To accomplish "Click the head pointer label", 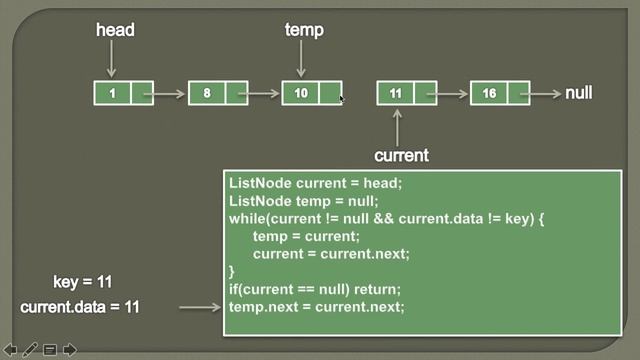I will pos(115,30).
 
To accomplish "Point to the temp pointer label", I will pos(304,30).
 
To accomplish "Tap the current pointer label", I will pos(401,155).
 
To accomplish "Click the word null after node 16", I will pos(579,93).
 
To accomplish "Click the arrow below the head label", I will pos(112,60).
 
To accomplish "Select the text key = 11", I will pos(89,283).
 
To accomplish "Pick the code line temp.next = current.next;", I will pos(316,306).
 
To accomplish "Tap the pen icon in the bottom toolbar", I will pos(30,350).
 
